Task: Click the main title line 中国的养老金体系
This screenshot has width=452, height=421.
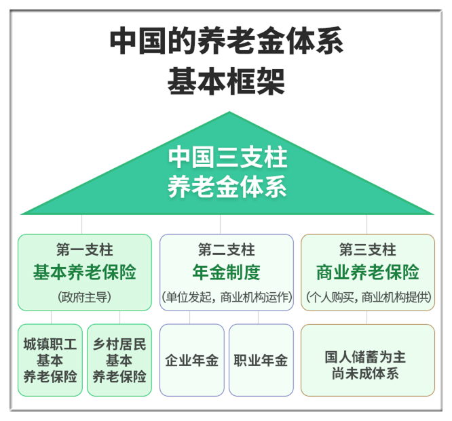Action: (227, 40)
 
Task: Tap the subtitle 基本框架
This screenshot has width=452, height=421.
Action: (226, 81)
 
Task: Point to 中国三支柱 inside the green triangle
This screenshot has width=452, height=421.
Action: (228, 157)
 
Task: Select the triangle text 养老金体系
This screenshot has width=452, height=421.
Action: (227, 186)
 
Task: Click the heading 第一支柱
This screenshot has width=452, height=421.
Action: (84, 249)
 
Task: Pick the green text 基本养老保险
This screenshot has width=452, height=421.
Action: (84, 272)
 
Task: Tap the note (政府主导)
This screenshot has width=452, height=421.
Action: (84, 297)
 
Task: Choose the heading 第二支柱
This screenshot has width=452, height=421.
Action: (226, 249)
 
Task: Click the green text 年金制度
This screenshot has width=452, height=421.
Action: (226, 272)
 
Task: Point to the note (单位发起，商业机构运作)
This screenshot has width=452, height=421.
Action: (227, 297)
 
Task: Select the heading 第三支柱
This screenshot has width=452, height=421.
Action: (368, 249)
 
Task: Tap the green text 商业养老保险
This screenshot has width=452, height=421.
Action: (368, 272)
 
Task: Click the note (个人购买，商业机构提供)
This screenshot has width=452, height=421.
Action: (369, 297)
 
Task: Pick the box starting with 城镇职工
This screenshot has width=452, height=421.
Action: (50, 360)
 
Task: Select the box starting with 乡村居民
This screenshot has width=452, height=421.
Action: (119, 360)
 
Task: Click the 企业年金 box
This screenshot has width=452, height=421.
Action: (192, 360)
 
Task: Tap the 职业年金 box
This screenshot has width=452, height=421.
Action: (261, 360)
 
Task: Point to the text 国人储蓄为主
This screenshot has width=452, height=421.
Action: (365, 357)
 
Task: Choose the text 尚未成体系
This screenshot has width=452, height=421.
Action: (365, 374)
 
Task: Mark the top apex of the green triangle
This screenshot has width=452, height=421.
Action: (229, 112)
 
